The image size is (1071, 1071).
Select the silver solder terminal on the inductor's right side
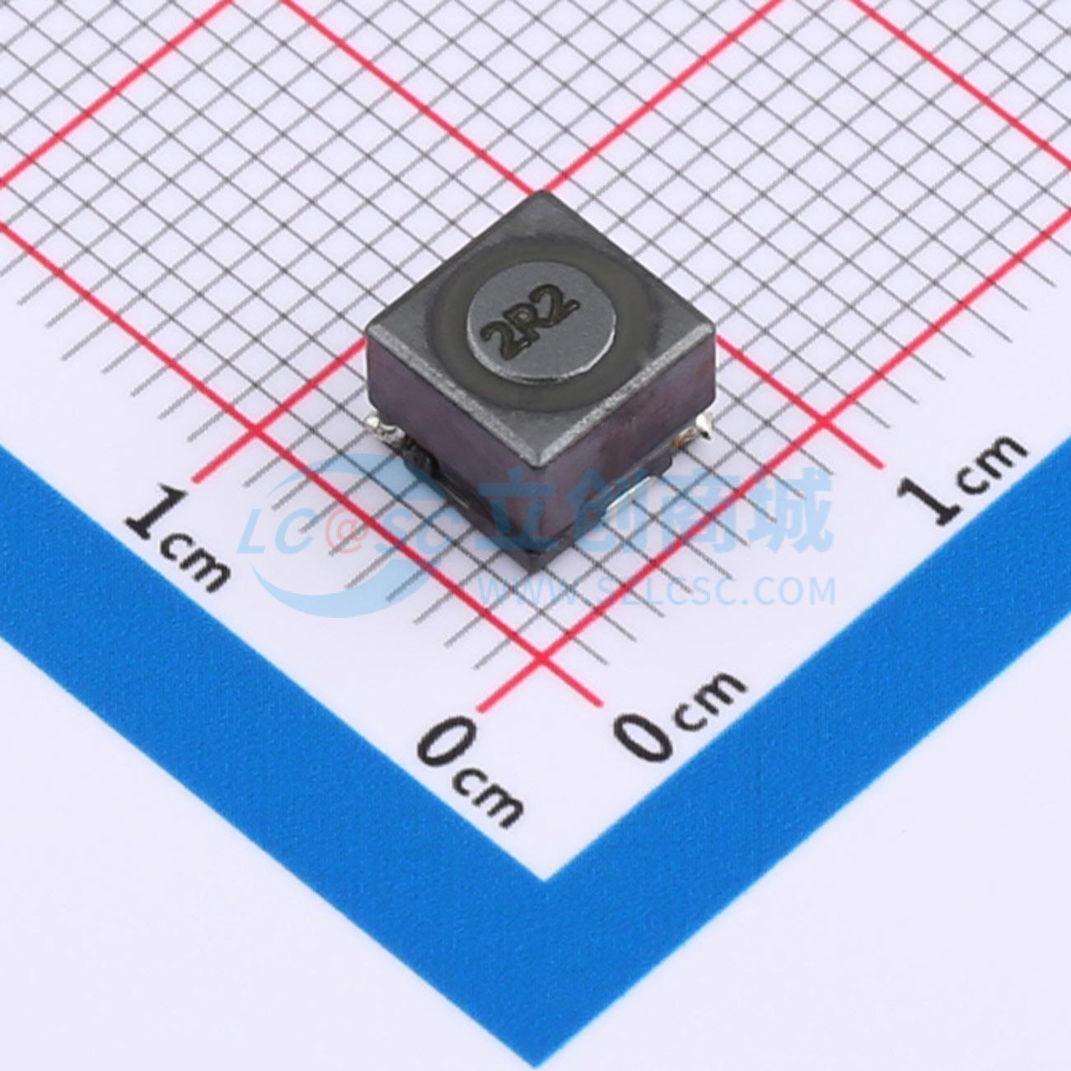pos(701,425)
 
